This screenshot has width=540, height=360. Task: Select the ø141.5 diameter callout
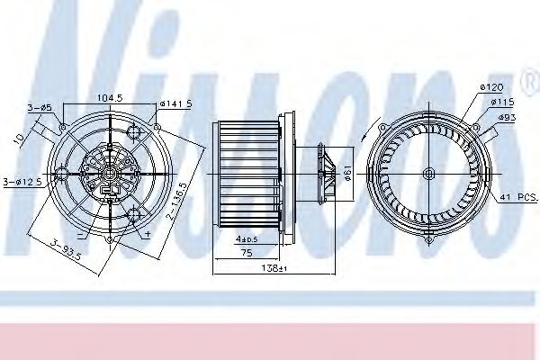175,104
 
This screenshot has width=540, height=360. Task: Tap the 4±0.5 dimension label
247,239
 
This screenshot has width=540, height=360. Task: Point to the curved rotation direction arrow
363,144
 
